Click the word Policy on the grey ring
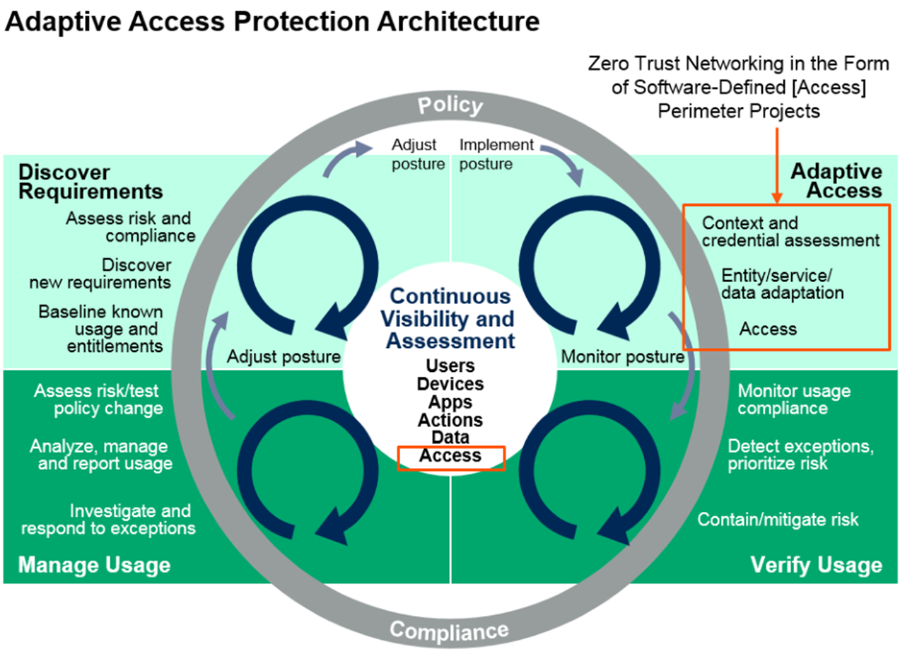pyautogui.click(x=450, y=105)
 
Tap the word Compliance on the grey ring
pyautogui.click(x=449, y=629)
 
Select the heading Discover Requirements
pyautogui.click(x=90, y=182)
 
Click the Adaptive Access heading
pyautogui.click(x=836, y=180)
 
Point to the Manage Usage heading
pyautogui.click(x=94, y=565)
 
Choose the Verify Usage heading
pyautogui.click(x=816, y=565)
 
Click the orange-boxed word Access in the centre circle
pyautogui.click(x=450, y=457)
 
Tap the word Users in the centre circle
pyautogui.click(x=450, y=366)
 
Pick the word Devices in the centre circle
pyautogui.click(x=450, y=384)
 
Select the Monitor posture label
pyautogui.click(x=622, y=356)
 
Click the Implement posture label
pyautogui.click(x=496, y=154)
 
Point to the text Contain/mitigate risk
pyautogui.click(x=778, y=520)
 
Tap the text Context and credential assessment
pyautogui.click(x=790, y=232)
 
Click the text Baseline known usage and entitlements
pyautogui.click(x=101, y=329)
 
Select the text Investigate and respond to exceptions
pyautogui.click(x=108, y=519)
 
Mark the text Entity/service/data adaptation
pyautogui.click(x=782, y=283)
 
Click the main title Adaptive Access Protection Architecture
pyautogui.click(x=272, y=22)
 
